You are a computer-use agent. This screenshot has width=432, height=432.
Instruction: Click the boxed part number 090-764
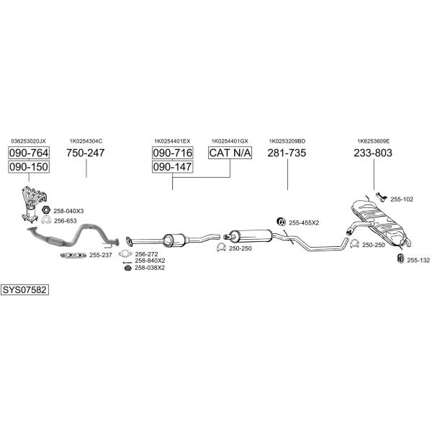point(29,153)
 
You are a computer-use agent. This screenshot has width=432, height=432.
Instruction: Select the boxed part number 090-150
point(29,167)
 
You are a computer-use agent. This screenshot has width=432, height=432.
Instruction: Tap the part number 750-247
point(86,153)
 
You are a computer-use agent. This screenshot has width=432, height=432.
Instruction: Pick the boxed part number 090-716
point(172,153)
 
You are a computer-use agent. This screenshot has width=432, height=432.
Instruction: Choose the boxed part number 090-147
point(172,167)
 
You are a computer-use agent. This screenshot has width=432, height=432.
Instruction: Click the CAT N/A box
point(229,153)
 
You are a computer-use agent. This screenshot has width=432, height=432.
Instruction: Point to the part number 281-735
point(287,153)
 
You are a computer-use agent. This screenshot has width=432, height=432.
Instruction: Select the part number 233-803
point(373,153)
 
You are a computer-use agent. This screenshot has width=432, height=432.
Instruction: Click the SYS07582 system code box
point(24,290)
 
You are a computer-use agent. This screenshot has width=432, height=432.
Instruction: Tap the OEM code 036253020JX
point(29,141)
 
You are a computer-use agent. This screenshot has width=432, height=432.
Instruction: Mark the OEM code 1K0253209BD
point(287,141)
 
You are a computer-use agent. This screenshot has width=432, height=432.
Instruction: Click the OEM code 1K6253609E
point(373,141)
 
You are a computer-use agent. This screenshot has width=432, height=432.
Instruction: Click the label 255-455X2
point(303,222)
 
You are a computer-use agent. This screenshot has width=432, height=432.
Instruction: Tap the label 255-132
point(418,260)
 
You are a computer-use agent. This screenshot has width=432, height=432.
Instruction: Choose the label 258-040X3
point(68,211)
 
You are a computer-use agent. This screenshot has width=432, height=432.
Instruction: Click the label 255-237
point(100,255)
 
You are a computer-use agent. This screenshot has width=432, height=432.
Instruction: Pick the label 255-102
point(402,199)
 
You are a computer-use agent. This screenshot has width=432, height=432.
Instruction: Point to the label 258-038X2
point(150,268)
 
